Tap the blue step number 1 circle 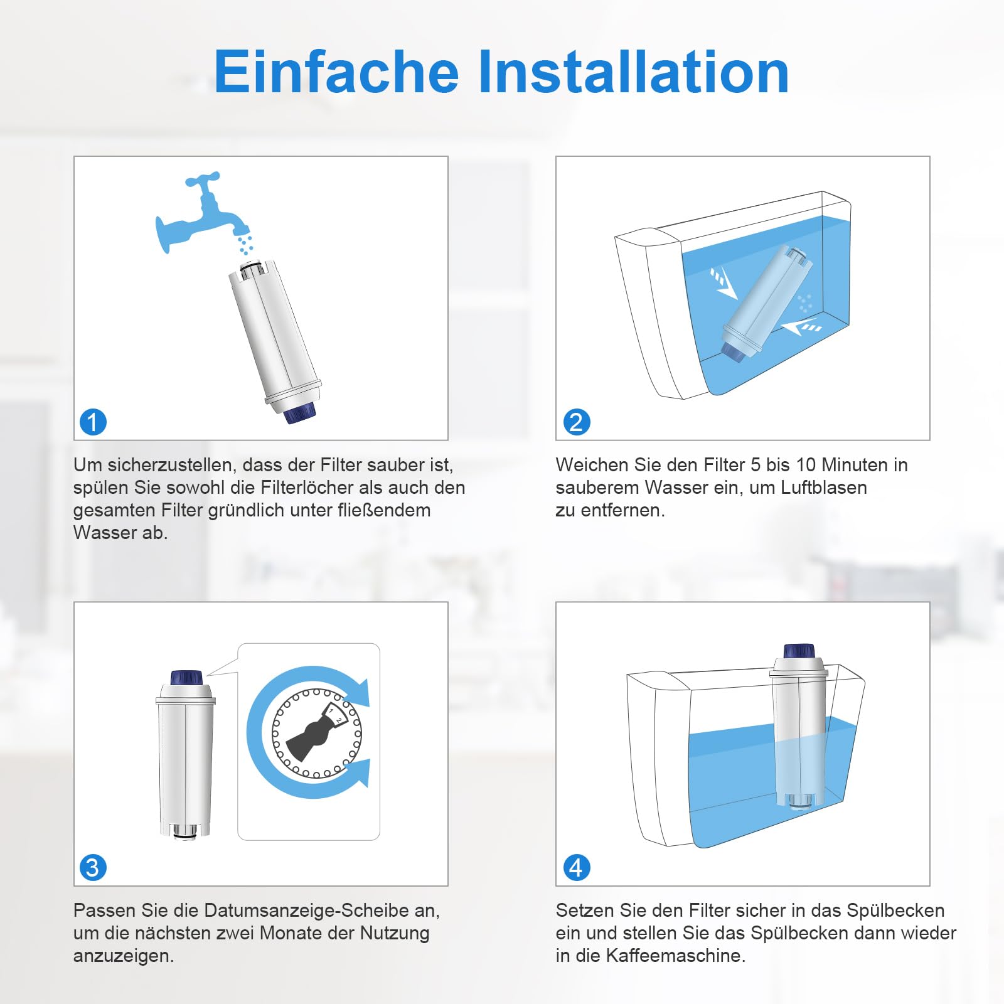tap(93, 422)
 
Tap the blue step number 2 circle tap(576, 422)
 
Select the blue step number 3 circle tap(93, 867)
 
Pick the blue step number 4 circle tap(576, 867)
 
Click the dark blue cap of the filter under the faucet tap(300, 413)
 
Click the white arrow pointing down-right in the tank tap(724, 283)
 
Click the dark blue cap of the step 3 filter tap(187, 678)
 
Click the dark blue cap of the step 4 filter tap(799, 651)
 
